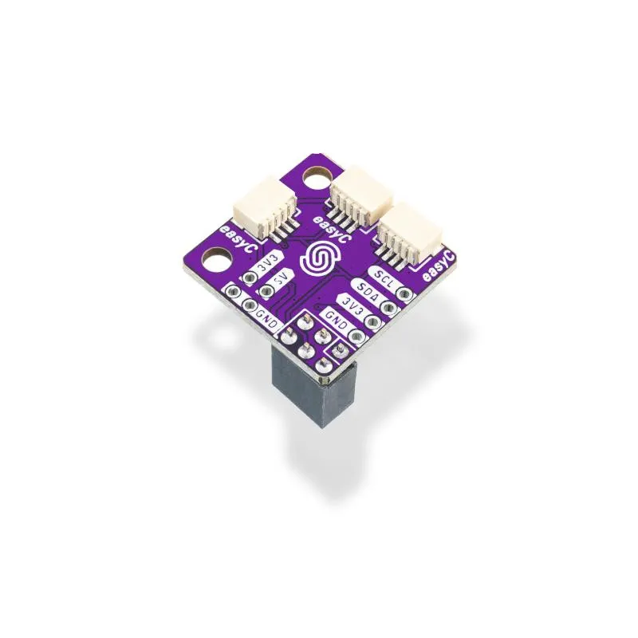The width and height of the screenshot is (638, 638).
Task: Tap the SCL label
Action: [384, 278]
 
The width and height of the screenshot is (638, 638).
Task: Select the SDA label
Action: [367, 293]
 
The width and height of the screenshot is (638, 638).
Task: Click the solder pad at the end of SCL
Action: [405, 294]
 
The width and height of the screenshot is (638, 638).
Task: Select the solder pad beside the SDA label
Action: [389, 309]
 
